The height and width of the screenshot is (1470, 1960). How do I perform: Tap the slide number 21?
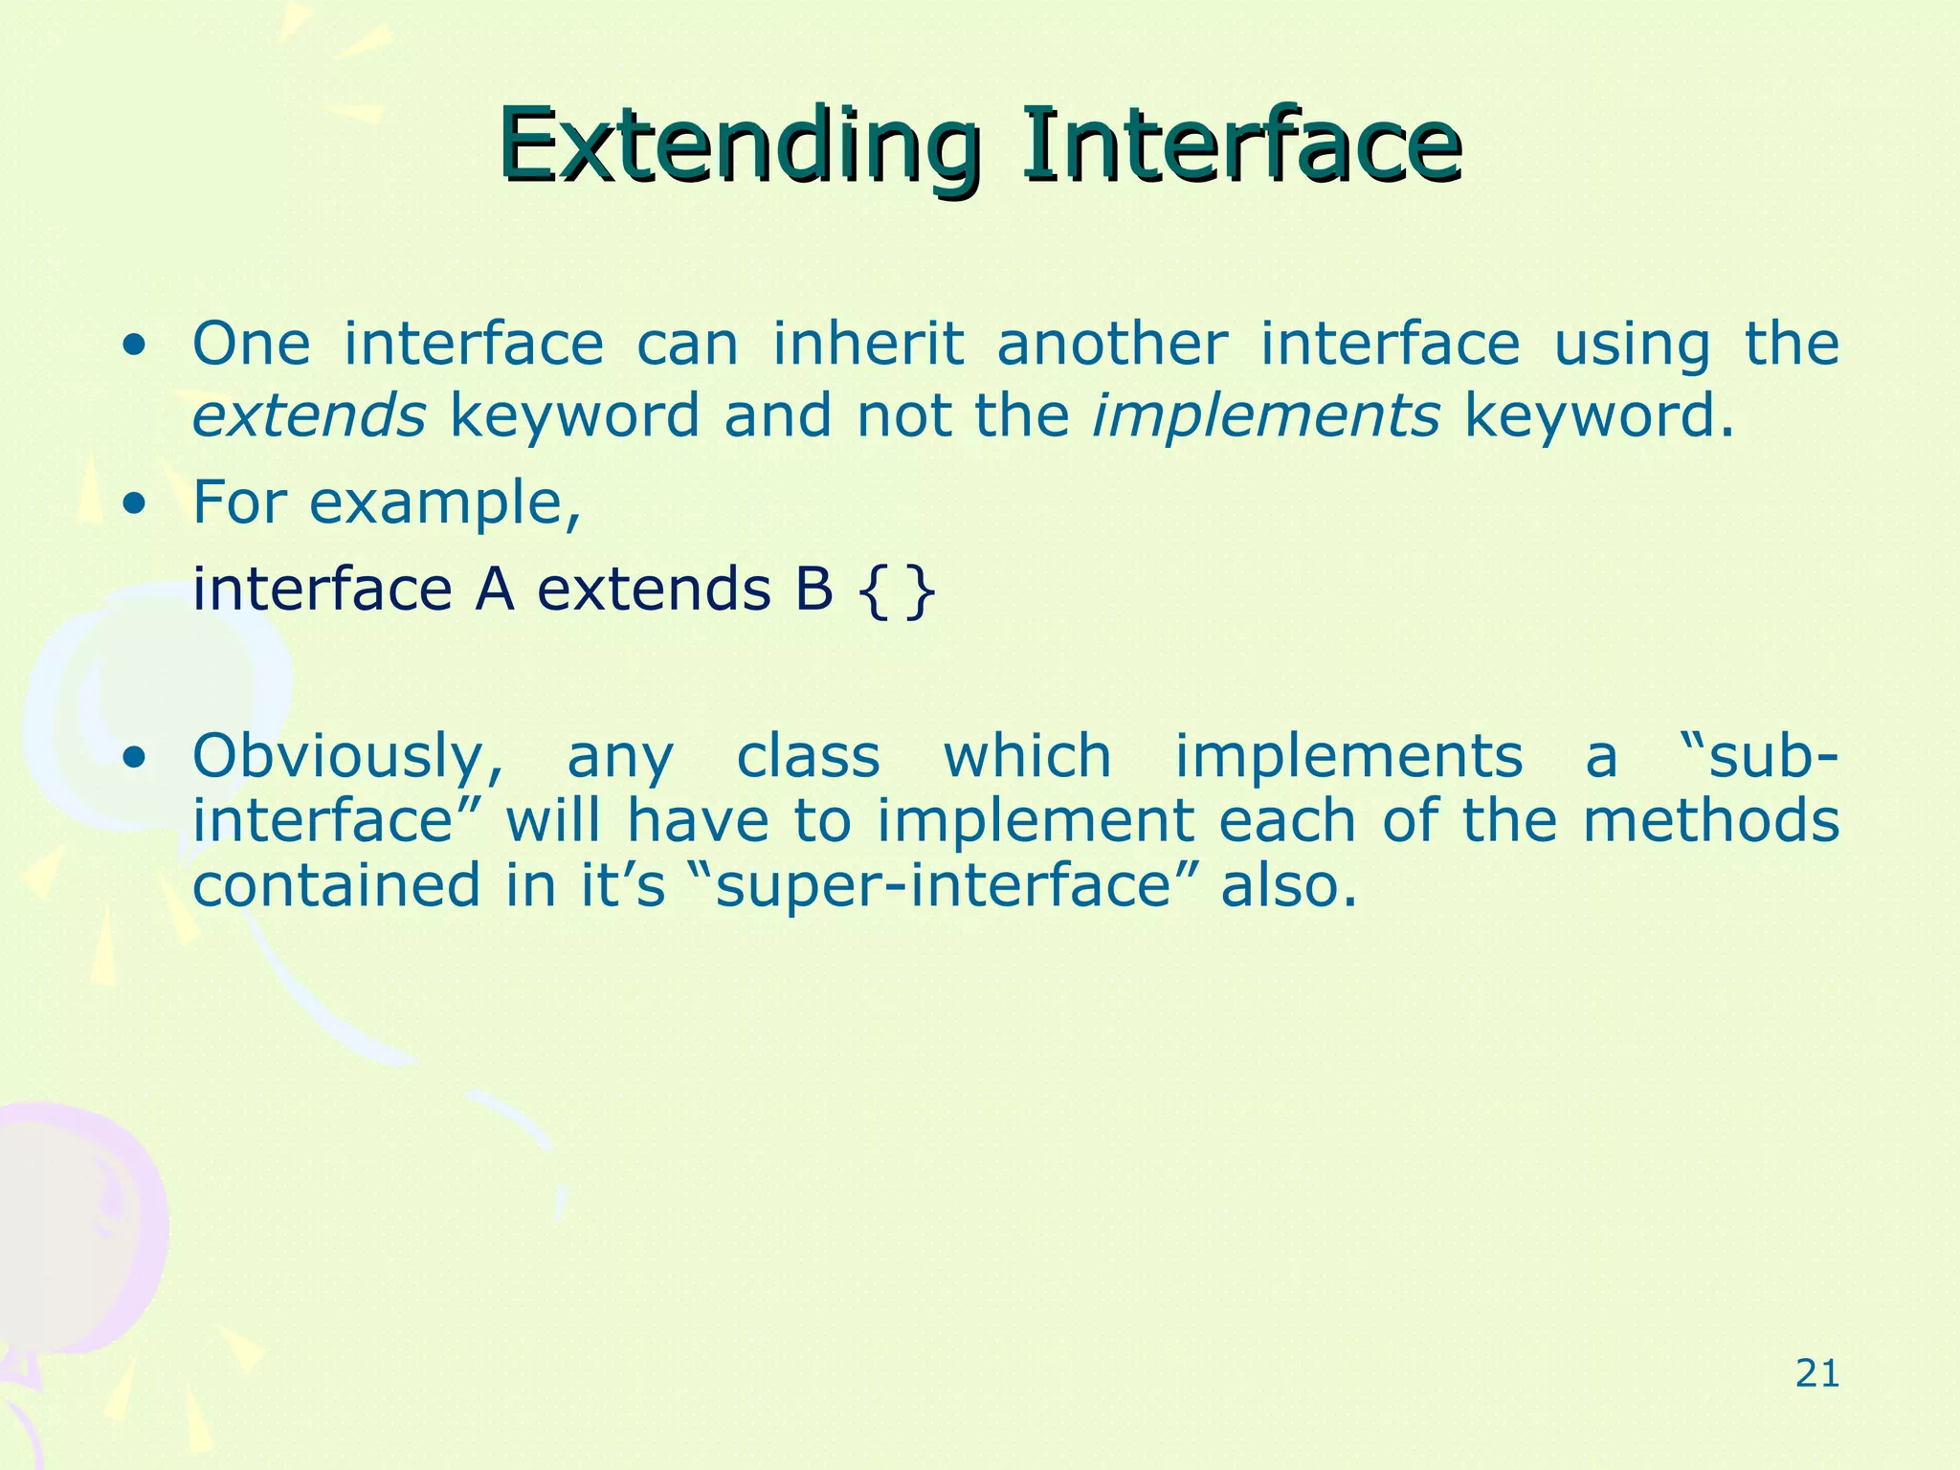tap(1816, 1374)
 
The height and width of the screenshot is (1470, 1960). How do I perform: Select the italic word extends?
tap(308, 416)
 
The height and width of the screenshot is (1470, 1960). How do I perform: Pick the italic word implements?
tap(1265, 416)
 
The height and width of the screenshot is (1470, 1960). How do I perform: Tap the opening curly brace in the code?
tap(868, 591)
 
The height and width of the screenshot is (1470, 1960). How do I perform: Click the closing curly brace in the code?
tap(920, 591)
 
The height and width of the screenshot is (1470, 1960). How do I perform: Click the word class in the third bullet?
tap(808, 756)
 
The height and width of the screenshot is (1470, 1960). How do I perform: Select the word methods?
tap(1710, 821)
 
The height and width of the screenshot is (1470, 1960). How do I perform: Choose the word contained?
tap(336, 884)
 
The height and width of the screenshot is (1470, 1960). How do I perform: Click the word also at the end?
tap(1288, 884)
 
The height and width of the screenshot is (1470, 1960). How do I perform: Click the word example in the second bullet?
tap(444, 503)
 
